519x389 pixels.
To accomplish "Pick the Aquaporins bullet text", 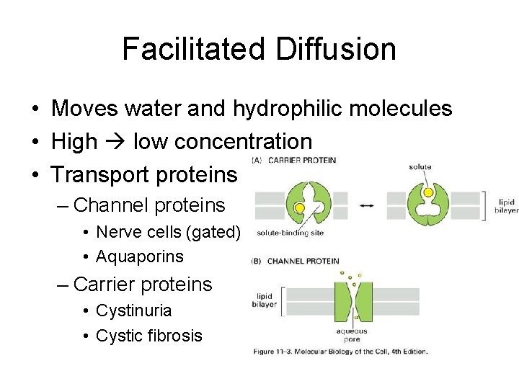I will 140,256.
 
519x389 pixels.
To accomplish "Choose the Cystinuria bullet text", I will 134,310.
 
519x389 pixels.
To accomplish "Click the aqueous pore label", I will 352,335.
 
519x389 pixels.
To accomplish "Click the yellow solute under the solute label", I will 428,192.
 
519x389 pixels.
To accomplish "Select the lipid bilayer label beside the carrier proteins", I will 506,206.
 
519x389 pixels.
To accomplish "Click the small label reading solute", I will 420,167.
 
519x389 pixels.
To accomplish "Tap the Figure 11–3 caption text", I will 340,352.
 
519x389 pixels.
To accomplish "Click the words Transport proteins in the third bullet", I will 144,174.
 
